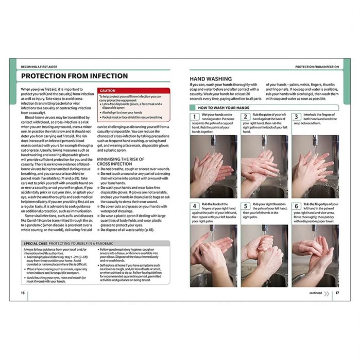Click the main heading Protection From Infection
point(74,76)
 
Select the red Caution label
point(108,90)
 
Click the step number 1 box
point(195,117)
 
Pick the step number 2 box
point(246,117)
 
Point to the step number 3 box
point(297,117)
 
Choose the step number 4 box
point(195,206)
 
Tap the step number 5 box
point(246,206)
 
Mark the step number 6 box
point(297,206)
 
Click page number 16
point(23,293)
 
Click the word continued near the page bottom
point(315,293)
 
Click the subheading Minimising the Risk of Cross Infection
point(121,162)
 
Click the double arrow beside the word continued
point(327,293)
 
